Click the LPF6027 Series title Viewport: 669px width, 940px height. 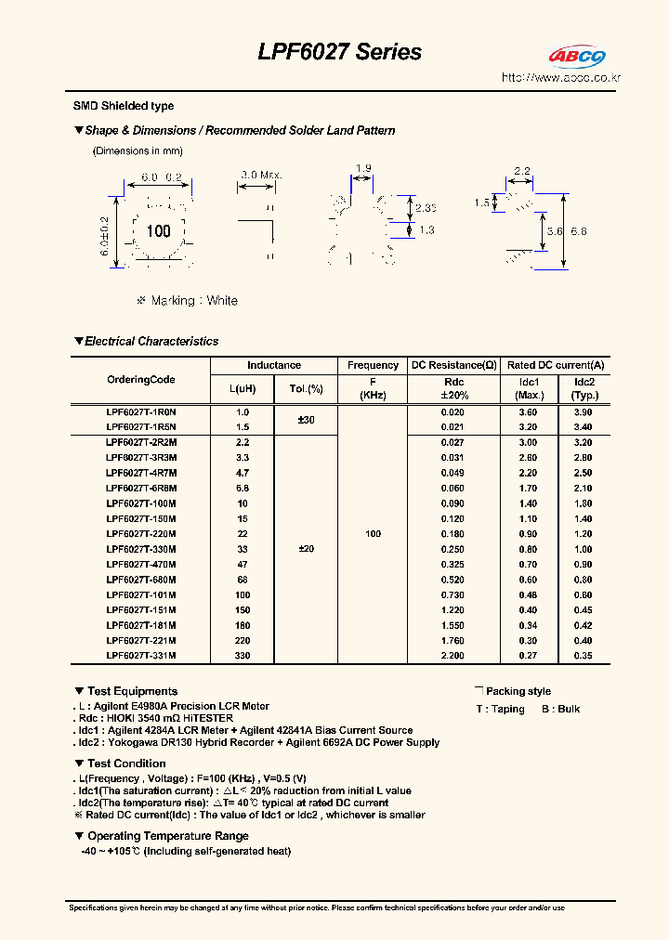coord(339,53)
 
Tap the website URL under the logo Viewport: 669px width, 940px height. coord(560,78)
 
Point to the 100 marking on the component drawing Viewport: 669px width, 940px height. coord(159,230)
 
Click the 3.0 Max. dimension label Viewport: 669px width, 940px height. coord(260,175)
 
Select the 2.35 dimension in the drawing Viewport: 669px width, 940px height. coord(426,208)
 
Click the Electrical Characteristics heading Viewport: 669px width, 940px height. coord(151,342)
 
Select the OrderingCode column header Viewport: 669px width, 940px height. coord(140,380)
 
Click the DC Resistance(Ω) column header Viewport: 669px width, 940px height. coord(453,366)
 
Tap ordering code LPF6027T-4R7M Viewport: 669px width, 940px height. coord(141,473)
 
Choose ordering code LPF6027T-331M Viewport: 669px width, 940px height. coord(141,656)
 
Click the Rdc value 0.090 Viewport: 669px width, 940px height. coord(453,503)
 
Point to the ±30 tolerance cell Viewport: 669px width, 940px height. coord(306,420)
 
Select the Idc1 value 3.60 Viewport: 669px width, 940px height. coord(528,411)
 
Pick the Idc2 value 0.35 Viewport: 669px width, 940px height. coord(584,656)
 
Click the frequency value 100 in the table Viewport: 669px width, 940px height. coord(373,534)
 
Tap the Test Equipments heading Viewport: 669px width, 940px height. coord(131,691)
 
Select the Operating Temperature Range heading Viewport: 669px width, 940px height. coord(167,836)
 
